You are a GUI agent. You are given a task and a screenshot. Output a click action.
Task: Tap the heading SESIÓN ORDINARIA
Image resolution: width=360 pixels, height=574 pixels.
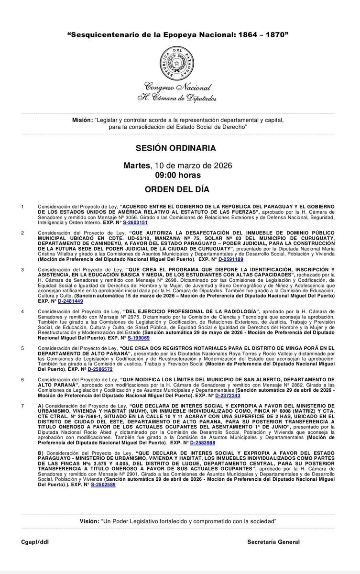click(x=179, y=148)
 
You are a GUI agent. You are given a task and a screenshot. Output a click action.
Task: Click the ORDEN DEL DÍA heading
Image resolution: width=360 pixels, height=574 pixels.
click(x=179, y=189)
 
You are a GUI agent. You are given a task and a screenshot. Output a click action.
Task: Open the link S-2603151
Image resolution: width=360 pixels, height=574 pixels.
click(x=134, y=223)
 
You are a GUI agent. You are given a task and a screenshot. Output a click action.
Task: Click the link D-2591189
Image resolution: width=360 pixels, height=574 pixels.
click(x=230, y=259)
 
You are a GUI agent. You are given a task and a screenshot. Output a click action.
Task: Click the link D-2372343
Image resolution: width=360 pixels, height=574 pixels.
click(x=227, y=396)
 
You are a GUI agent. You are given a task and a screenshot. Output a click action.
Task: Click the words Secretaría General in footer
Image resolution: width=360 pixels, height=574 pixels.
click(x=273, y=541)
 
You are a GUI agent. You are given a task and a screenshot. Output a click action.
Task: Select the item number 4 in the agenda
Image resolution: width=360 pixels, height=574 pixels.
click(x=22, y=311)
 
